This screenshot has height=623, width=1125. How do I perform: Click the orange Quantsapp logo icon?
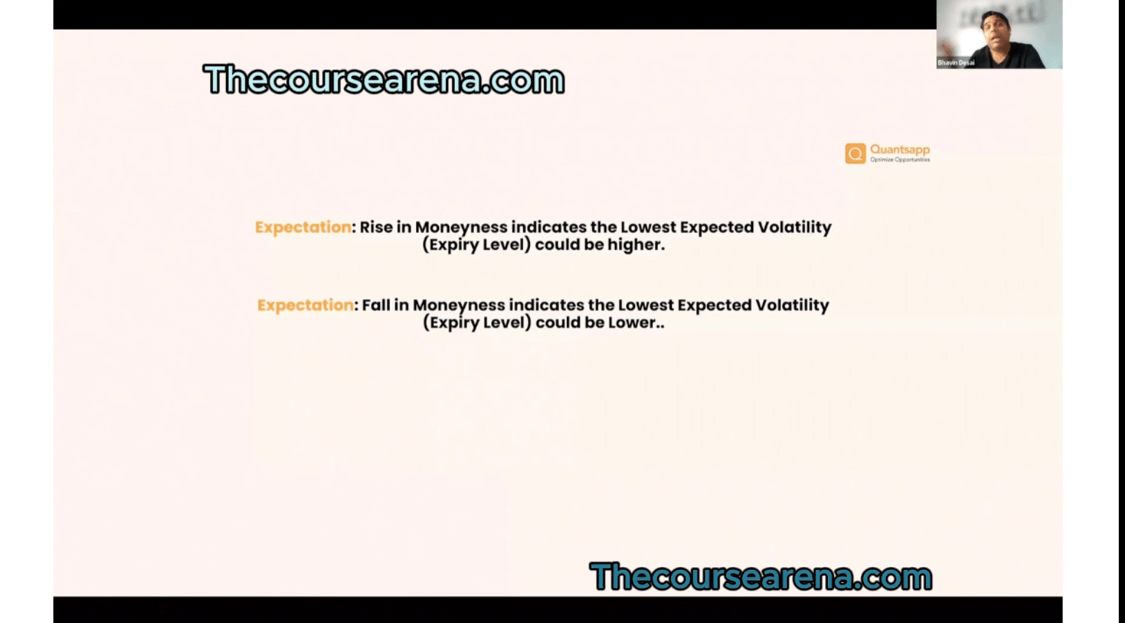tap(855, 153)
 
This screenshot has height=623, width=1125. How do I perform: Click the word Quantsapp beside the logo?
tap(900, 150)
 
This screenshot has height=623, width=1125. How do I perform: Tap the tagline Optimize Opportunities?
tap(900, 160)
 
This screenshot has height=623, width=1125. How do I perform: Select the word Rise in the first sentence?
tap(376, 227)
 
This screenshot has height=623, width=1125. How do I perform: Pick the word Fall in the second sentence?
tap(376, 305)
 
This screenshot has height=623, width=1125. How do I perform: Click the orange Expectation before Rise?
tap(303, 227)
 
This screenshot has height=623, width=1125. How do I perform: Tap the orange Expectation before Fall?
tap(305, 305)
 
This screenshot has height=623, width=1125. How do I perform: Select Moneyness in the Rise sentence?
tap(461, 227)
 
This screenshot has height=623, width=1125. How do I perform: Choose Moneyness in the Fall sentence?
tap(459, 305)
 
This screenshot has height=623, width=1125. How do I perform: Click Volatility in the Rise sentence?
tap(795, 227)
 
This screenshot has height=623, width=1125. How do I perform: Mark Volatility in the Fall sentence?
tap(792, 305)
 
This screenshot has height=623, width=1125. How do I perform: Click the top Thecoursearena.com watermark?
tap(384, 79)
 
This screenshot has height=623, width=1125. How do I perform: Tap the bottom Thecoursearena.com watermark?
tap(761, 576)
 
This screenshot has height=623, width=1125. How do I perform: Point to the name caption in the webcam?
tap(956, 63)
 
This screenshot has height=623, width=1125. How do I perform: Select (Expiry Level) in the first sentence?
tap(476, 245)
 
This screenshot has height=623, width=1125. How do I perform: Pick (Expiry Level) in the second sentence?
tap(477, 323)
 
